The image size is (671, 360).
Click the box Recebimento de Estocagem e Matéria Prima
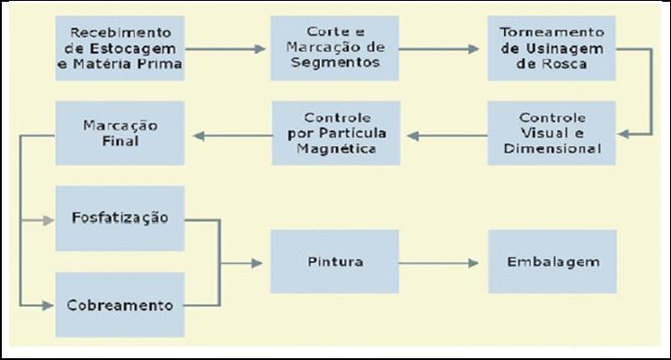(119, 48)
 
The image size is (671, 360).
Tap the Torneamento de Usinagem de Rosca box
(552, 48)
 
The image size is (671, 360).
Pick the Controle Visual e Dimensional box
(552, 133)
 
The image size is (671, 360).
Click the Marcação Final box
(119, 133)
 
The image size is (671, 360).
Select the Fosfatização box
(119, 218)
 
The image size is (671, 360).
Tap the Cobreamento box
(119, 304)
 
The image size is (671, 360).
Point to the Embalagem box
(552, 261)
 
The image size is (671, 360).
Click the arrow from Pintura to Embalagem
(439, 262)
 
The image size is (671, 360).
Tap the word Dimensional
(552, 148)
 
